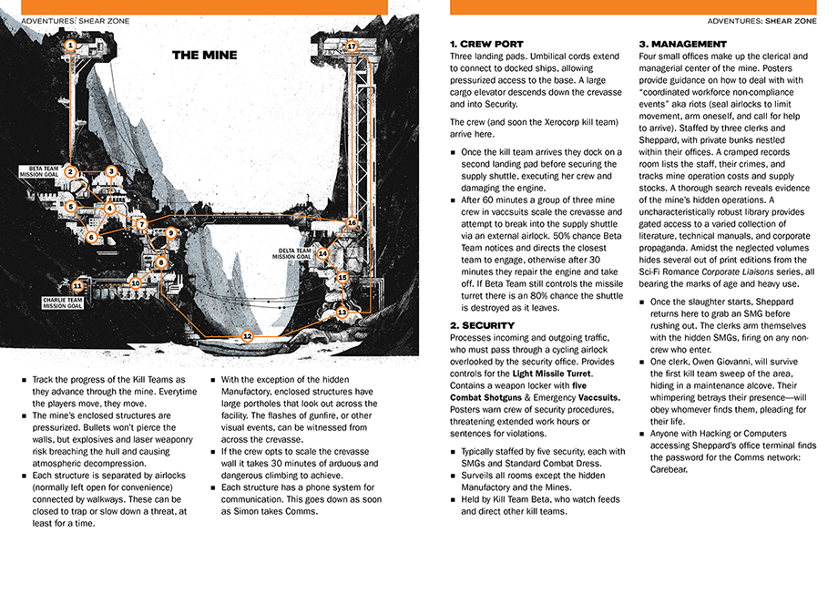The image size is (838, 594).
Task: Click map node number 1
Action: [70, 46]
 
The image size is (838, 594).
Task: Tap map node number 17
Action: [351, 46]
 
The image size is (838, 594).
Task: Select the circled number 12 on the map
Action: [247, 336]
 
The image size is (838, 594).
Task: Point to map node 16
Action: [351, 222]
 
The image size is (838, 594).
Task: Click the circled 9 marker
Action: [170, 232]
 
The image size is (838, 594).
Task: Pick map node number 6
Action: [91, 237]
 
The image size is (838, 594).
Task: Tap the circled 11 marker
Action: [77, 286]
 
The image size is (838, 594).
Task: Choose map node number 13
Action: [342, 312]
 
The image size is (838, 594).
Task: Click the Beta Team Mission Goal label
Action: [39, 171]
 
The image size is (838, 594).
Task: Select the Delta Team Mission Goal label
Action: [291, 253]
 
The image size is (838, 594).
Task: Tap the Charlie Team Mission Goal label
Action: [63, 303]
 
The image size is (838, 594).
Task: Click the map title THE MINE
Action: [205, 55]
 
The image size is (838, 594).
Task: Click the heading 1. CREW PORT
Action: [486, 44]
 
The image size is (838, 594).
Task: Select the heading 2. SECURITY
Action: [482, 325]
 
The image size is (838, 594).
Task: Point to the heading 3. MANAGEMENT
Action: [682, 44]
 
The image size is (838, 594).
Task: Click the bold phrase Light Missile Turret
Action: [552, 374]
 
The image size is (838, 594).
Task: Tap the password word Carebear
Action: [668, 469]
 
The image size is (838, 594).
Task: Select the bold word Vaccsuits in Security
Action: [599, 398]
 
